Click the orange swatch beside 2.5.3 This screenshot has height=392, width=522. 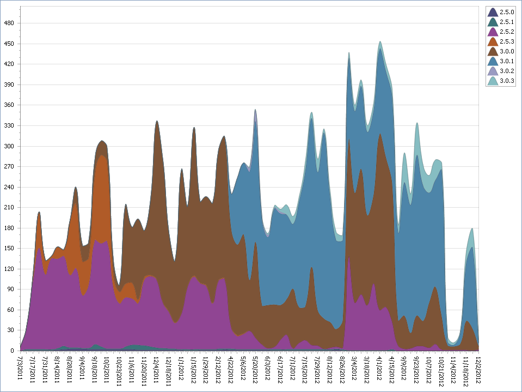pyautogui.click(x=492, y=41)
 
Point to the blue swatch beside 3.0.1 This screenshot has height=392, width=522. pyautogui.click(x=492, y=61)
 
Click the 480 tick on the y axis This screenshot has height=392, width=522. pyautogui.click(x=10, y=23)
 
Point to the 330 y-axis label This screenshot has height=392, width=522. pyautogui.click(x=10, y=125)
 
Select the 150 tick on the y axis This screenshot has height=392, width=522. pyautogui.click(x=10, y=248)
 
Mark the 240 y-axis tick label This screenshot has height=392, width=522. pyautogui.click(x=10, y=187)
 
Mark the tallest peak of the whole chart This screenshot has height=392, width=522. pyautogui.click(x=380, y=41)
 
